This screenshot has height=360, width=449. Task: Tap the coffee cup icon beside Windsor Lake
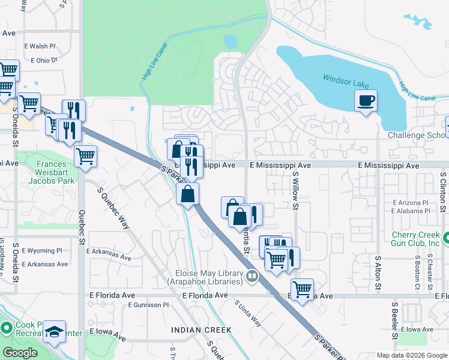point(366,100)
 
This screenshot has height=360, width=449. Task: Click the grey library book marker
point(252,277)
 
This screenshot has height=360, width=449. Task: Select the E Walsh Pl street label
point(40,46)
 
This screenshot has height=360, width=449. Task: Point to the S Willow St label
point(295,190)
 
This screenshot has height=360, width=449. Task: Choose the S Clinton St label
point(443,192)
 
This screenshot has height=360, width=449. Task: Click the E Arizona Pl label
point(411,203)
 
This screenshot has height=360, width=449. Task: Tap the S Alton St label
point(378,273)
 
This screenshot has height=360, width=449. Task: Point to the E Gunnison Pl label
point(148,305)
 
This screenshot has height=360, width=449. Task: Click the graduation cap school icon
point(55,332)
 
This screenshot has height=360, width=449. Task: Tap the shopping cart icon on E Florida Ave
point(302,289)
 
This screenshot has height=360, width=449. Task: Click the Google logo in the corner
point(20,353)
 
